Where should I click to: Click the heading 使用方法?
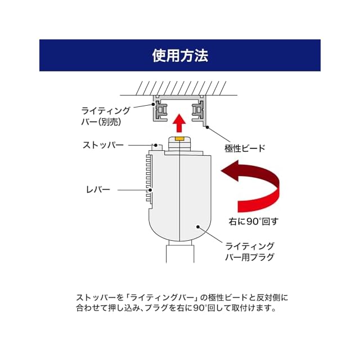[x=180, y=55]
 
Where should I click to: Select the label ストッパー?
[x=103, y=145]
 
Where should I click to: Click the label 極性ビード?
[x=245, y=148]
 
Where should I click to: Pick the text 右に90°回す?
[x=254, y=221]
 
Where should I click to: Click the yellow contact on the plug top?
[x=179, y=137]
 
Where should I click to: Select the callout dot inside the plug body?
[x=197, y=226]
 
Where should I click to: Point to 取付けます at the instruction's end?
[x=254, y=308]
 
